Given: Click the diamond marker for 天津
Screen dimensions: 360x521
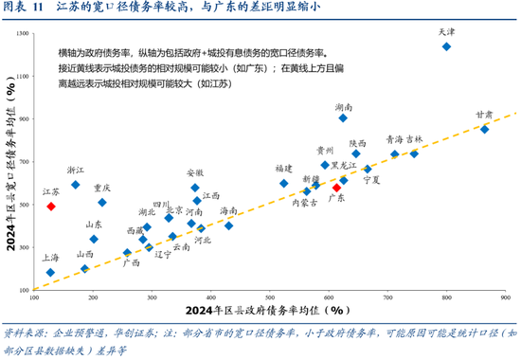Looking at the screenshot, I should coord(446,46).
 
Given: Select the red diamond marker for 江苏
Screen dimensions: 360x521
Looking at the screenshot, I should coord(51,206).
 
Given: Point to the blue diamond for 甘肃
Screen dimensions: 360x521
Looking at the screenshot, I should coord(484,129).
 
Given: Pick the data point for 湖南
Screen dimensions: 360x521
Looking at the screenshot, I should coord(343,117).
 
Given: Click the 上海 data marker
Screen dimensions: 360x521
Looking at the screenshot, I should coord(50,273).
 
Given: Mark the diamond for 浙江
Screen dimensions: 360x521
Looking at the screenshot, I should coord(76,185).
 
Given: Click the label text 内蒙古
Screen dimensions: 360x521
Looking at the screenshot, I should coord(304,202).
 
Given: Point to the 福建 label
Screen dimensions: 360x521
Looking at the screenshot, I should coord(284,169).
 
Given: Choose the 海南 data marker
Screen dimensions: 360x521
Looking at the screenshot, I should coord(228,225).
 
